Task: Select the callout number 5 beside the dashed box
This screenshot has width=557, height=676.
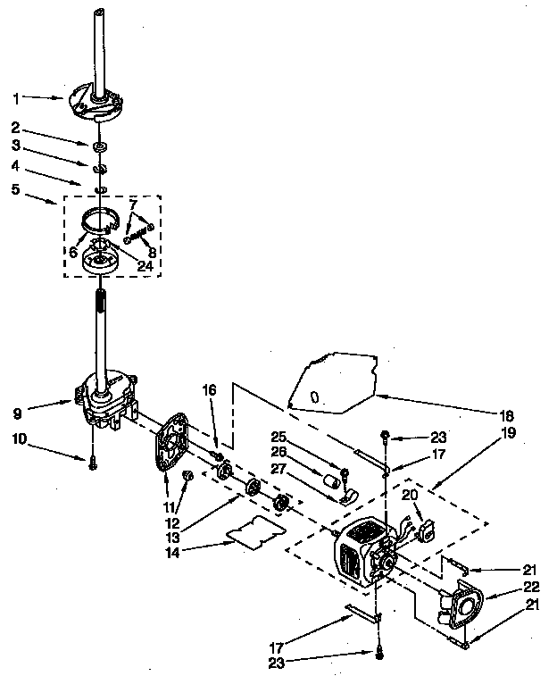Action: [x=16, y=188]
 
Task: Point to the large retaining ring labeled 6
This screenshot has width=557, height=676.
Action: [x=104, y=219]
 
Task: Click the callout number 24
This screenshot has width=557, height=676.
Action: [x=145, y=265]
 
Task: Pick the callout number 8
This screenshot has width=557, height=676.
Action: [x=152, y=252]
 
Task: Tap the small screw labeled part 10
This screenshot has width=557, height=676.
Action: [x=93, y=461]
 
